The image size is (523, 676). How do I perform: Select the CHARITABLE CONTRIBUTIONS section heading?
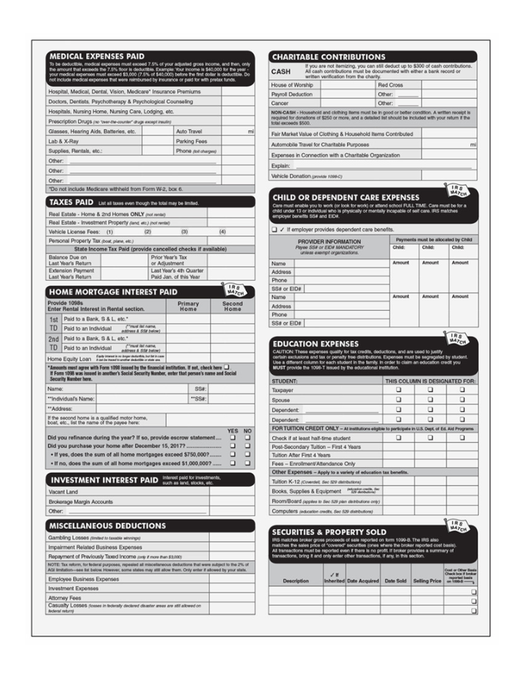[328, 57]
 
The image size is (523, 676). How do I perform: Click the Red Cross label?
[390, 84]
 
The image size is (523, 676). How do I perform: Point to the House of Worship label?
[292, 84]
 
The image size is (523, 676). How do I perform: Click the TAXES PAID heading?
[72, 202]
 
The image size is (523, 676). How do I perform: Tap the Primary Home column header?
[188, 307]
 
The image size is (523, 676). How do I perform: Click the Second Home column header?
[232, 307]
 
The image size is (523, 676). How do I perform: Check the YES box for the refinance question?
[232, 437]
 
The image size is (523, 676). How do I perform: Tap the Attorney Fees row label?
[66, 597]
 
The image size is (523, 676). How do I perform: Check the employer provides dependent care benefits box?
[274, 229]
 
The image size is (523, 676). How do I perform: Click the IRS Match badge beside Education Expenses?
[456, 337]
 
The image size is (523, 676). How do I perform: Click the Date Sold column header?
[395, 581]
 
